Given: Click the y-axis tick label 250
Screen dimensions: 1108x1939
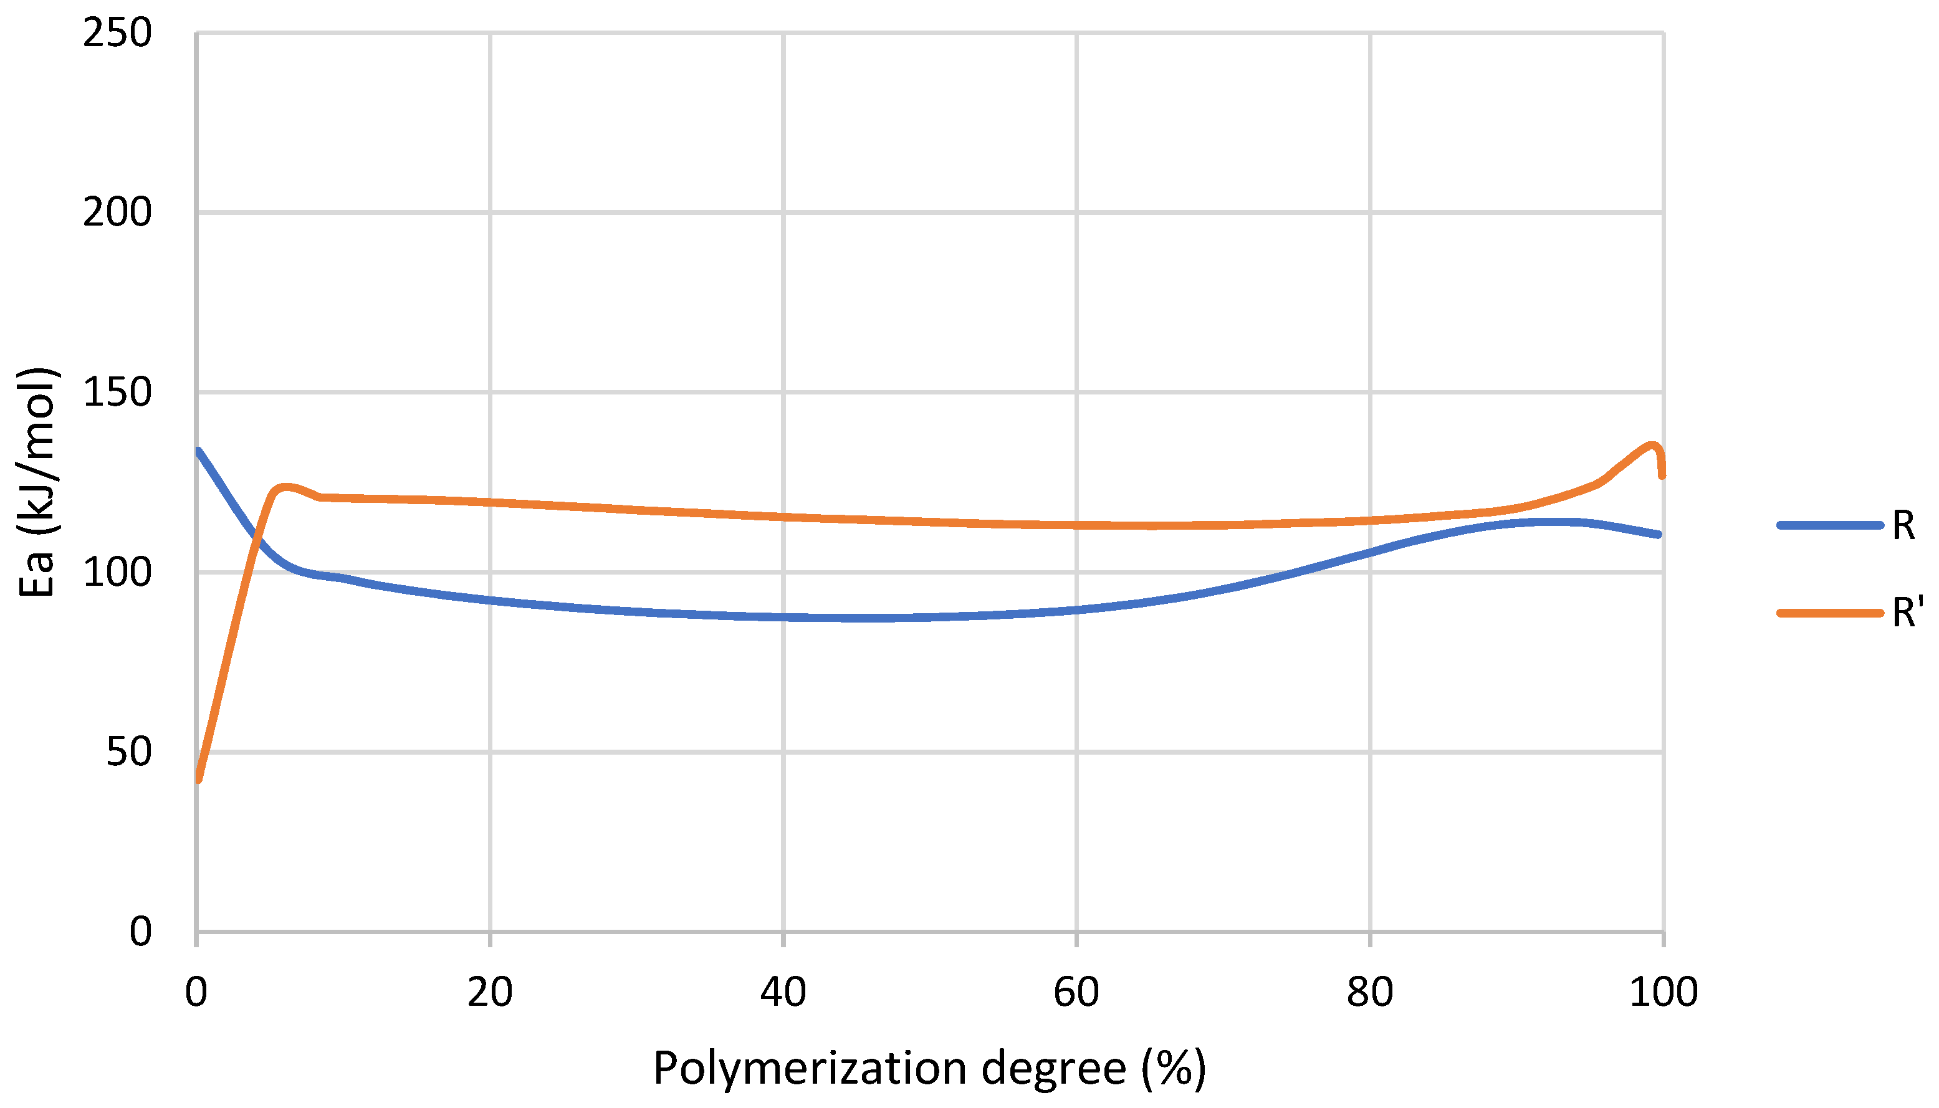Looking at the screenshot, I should (117, 34).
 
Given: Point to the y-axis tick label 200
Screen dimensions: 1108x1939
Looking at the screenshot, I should (117, 213).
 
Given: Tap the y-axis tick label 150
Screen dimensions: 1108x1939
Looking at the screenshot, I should (117, 393).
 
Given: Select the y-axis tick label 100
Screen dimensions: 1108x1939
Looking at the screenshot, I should (117, 572).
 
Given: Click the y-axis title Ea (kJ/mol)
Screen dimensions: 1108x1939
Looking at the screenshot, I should (37, 482).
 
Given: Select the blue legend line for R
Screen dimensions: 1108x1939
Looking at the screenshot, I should (1829, 525).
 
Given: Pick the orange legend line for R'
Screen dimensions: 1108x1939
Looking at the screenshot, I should (1829, 613).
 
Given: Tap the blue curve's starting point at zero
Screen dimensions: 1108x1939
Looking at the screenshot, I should (198, 451).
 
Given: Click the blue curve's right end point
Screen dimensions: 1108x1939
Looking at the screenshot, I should (1659, 535).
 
